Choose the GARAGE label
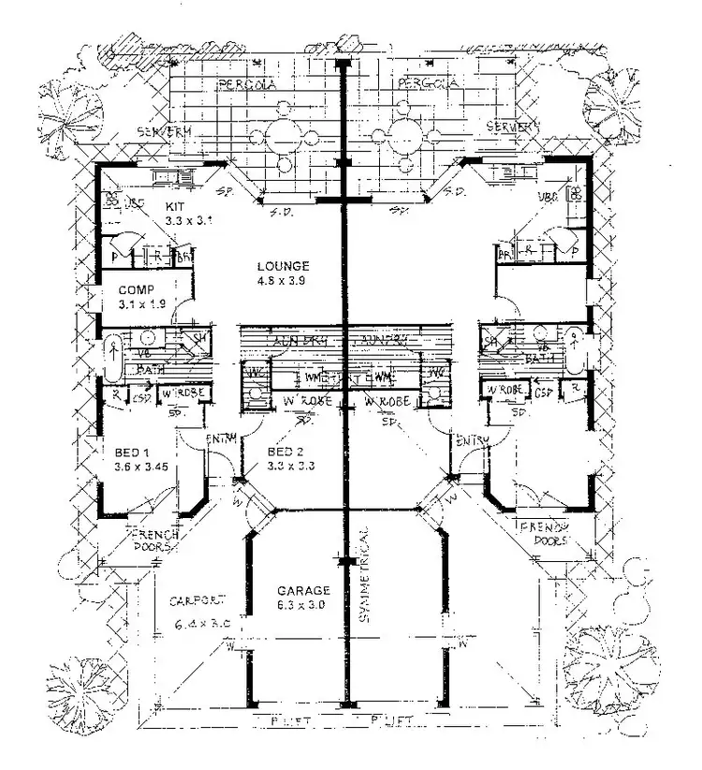[x=303, y=591]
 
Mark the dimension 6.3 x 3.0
[x=303, y=606]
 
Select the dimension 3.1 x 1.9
[x=139, y=304]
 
